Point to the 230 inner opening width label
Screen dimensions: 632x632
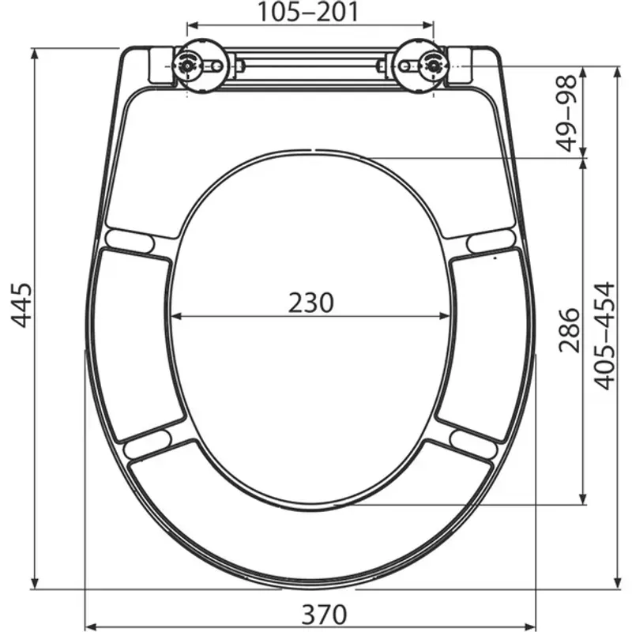coord(310,302)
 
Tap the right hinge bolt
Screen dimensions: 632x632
coord(431,64)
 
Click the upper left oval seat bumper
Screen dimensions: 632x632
coord(131,240)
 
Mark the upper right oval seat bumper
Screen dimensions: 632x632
coord(490,240)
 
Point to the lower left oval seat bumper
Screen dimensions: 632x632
coord(148,443)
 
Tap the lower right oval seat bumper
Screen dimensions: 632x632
coord(473,443)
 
